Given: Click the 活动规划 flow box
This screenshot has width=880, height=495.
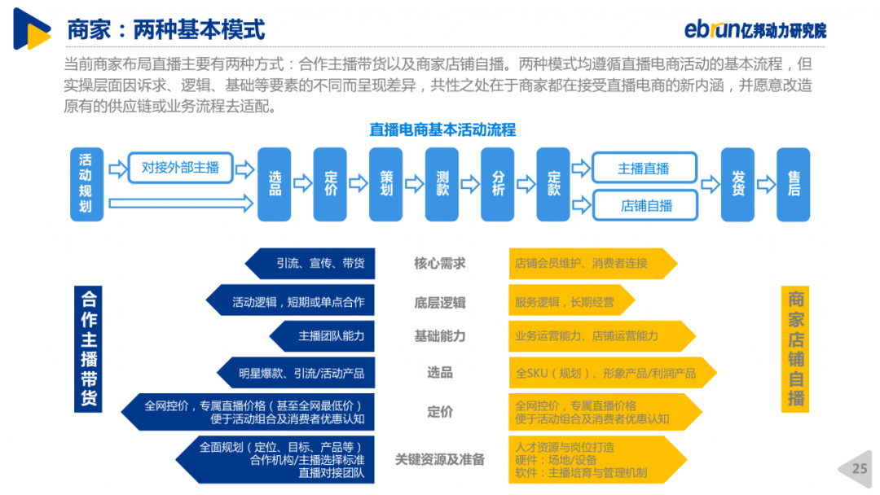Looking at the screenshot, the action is (86, 185).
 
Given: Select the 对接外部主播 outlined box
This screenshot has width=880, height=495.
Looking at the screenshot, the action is (180, 168).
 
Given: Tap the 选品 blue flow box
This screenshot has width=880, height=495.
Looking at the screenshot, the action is (275, 185).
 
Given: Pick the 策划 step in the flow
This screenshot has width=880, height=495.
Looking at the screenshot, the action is (385, 185).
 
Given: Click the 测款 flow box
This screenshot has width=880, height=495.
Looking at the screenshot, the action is (442, 185).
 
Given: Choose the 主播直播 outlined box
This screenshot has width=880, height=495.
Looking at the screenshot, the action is (645, 168).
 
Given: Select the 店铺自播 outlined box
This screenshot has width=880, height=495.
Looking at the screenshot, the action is (645, 205).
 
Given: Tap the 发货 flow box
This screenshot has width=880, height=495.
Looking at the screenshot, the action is (737, 185).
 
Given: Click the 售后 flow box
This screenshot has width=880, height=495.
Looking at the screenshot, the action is (793, 185).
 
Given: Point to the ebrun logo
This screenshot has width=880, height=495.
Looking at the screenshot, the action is (755, 29).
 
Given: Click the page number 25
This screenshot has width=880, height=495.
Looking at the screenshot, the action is (860, 469).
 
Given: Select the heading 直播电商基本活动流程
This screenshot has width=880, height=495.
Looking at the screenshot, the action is (442, 130).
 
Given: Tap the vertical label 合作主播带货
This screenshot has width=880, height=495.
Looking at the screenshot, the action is (88, 348).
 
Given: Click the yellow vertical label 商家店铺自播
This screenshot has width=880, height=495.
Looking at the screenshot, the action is (795, 348).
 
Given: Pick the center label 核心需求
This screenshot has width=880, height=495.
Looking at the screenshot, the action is (439, 264).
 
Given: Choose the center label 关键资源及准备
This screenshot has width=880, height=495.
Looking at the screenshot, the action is (439, 460).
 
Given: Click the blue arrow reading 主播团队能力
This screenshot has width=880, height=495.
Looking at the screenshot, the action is (322, 336).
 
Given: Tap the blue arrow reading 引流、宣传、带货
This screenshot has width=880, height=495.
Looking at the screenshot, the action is (310, 264).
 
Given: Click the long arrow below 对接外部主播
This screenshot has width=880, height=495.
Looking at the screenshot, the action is (181, 203).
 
